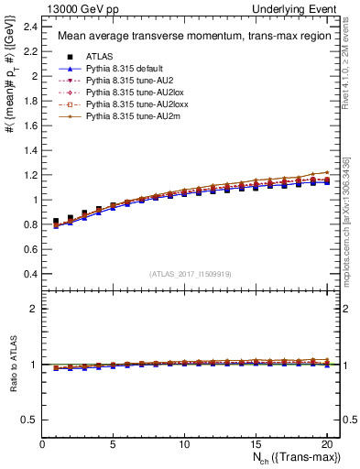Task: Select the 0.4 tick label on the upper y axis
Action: (31, 274)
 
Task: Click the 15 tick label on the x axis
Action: (256, 444)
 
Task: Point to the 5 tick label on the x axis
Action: (113, 444)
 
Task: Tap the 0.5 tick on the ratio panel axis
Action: (31, 420)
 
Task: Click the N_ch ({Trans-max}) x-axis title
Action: (298, 458)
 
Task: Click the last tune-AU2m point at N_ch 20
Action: (326, 172)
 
